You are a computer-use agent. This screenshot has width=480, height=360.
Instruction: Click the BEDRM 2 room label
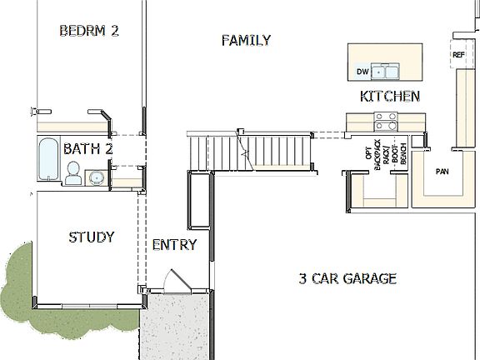click(x=89, y=31)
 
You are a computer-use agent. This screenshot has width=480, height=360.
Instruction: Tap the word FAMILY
click(x=246, y=40)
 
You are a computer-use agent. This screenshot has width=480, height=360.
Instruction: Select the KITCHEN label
click(x=389, y=97)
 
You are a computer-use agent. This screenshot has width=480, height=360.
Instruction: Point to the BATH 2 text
click(x=87, y=150)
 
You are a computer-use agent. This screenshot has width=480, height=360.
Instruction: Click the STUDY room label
click(x=91, y=237)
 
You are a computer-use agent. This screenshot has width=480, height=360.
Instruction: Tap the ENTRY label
click(x=174, y=245)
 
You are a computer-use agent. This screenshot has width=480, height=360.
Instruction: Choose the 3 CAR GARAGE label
click(x=347, y=278)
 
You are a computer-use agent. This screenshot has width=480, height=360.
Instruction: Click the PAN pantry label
click(x=442, y=172)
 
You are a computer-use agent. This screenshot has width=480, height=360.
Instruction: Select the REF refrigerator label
click(x=457, y=55)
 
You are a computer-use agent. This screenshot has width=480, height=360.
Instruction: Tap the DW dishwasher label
click(x=362, y=72)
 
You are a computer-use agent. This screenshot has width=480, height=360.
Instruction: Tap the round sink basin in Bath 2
click(x=96, y=177)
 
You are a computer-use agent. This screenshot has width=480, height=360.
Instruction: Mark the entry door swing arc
click(x=173, y=279)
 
